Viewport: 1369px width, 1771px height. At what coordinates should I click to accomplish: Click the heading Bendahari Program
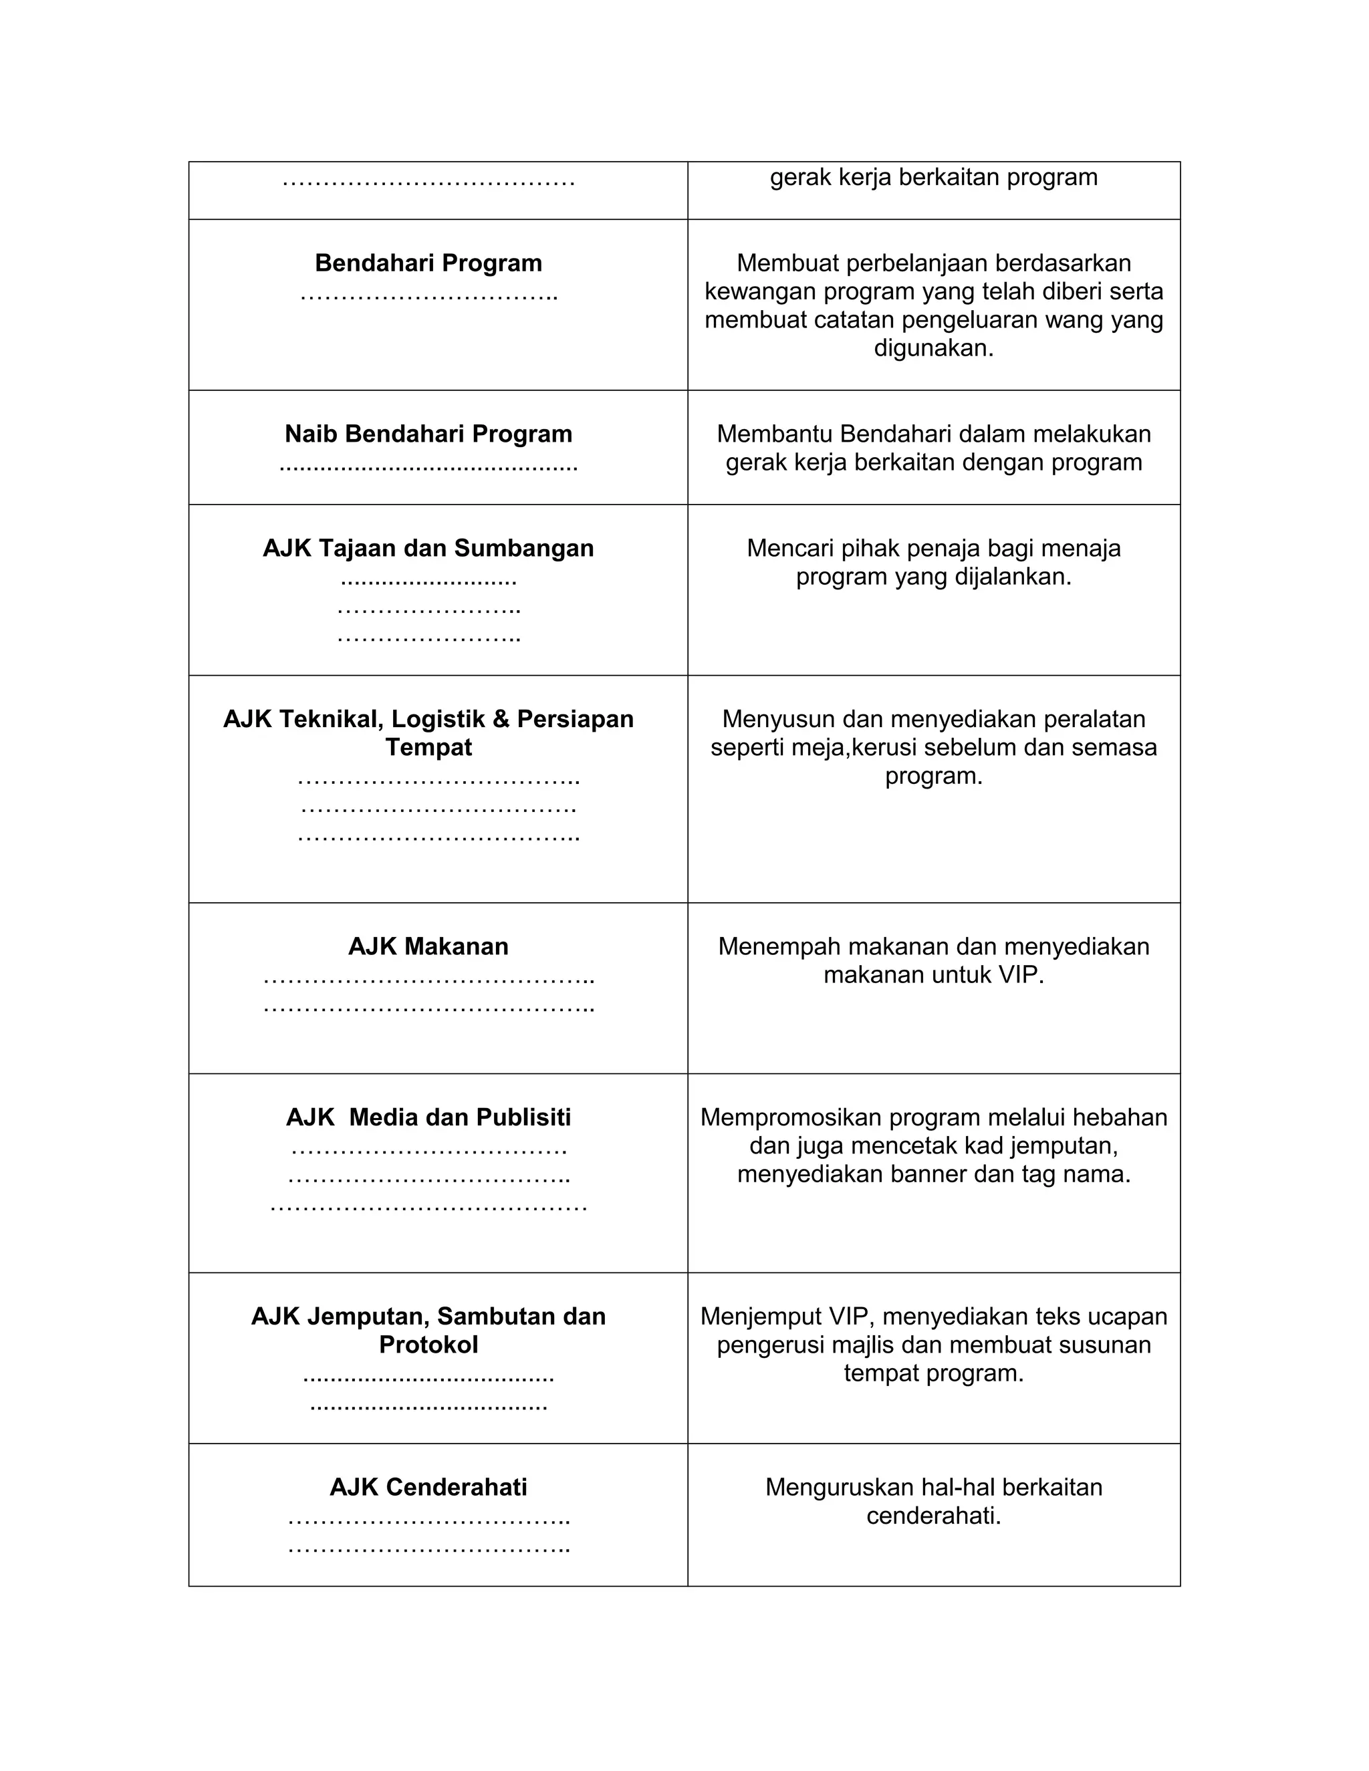(428, 263)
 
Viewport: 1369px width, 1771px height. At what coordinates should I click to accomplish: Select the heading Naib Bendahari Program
(428, 434)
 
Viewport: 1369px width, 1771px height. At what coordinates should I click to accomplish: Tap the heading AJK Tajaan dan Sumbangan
(428, 548)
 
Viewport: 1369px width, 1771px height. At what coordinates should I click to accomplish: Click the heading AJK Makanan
(428, 946)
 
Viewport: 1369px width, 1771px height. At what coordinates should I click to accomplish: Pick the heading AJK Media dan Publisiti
(428, 1117)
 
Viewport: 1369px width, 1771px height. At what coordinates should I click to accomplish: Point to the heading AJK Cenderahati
(428, 1487)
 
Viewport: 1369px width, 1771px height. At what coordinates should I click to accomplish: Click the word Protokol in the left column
(428, 1345)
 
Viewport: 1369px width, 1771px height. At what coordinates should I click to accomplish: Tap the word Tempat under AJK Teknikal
(428, 747)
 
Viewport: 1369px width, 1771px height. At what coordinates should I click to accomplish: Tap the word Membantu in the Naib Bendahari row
(775, 434)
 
